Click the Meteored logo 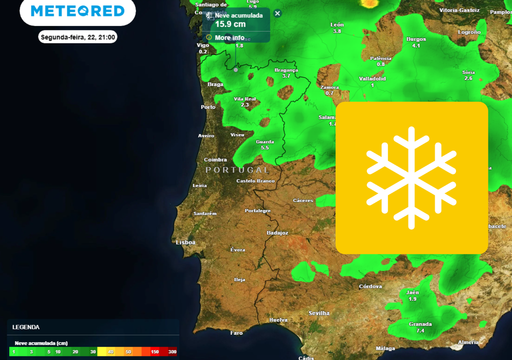[x=77, y=11]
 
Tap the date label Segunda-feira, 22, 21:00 [x=78, y=37]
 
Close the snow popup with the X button [x=277, y=13]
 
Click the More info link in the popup [x=229, y=37]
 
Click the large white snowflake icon [x=411, y=177]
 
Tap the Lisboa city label [x=185, y=242]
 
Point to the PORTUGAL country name [x=237, y=170]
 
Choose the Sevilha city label [x=319, y=313]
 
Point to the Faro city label [x=236, y=333]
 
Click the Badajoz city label [x=277, y=233]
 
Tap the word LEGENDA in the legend [x=26, y=327]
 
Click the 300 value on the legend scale [x=172, y=352]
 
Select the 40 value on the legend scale [x=111, y=352]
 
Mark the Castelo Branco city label [x=255, y=181]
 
